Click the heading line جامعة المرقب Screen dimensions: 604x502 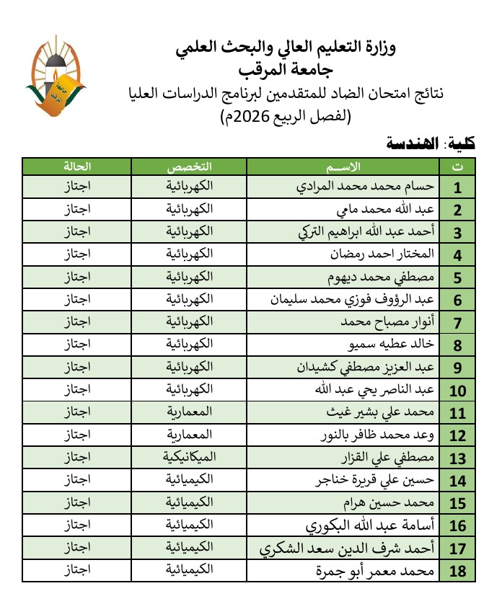click(x=286, y=71)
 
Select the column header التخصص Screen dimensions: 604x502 click(x=190, y=166)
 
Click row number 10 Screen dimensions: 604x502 click(x=457, y=391)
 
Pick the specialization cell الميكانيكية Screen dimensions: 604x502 click(x=190, y=458)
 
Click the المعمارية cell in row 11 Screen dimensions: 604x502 click(x=190, y=413)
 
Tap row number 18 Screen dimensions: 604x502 click(x=457, y=573)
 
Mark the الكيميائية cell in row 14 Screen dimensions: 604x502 click(x=190, y=481)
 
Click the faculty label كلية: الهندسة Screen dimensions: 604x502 click(x=431, y=144)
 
